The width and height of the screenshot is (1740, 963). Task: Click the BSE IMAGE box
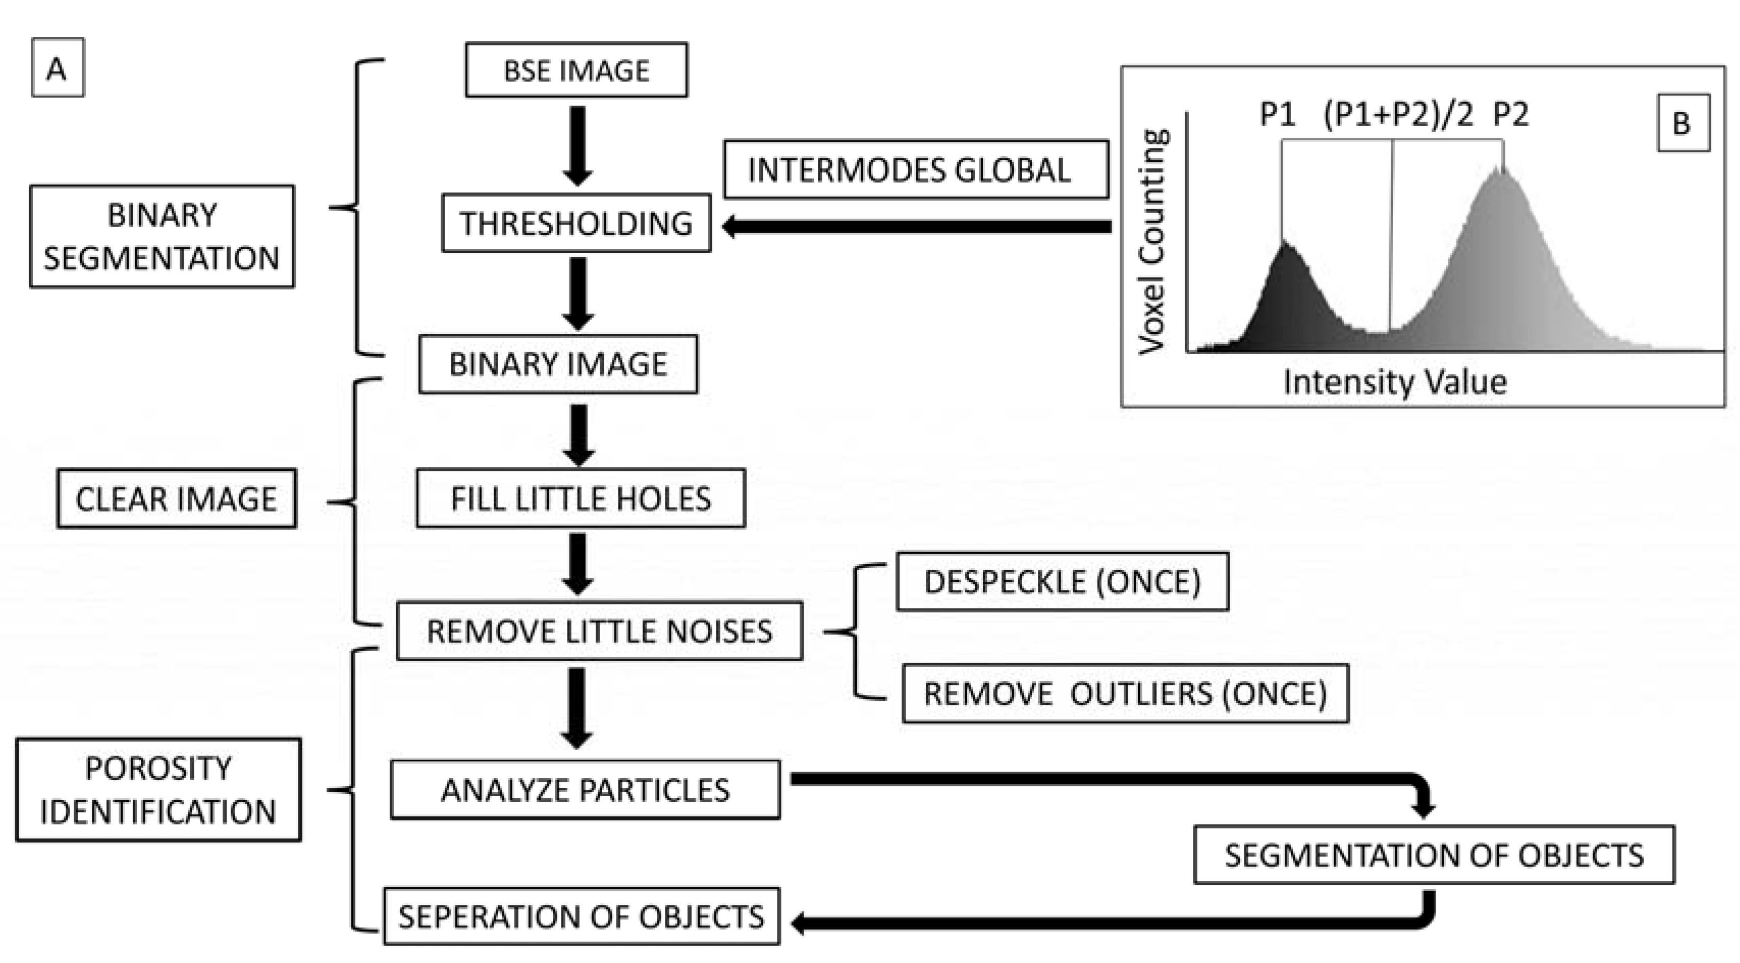click(576, 70)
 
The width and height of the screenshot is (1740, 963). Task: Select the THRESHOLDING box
click(576, 223)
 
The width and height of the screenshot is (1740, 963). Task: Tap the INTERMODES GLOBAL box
click(915, 169)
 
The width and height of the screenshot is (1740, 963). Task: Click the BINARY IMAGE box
click(558, 364)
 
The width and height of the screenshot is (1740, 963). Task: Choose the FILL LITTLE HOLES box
click(580, 498)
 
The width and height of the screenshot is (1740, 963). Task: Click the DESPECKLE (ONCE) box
click(1062, 582)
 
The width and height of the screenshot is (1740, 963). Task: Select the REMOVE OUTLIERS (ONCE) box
click(1124, 694)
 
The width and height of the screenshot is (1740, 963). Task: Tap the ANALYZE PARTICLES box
click(585, 790)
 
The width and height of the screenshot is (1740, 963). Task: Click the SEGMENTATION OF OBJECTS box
click(1434, 855)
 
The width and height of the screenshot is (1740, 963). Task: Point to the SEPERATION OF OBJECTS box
click(581, 917)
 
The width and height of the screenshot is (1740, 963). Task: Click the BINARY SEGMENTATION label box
click(162, 236)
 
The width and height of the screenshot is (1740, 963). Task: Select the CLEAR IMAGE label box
click(176, 499)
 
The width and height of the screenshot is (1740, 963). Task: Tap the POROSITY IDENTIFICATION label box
click(158, 789)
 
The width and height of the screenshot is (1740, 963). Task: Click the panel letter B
click(1682, 123)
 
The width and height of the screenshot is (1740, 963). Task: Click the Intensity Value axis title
click(1394, 382)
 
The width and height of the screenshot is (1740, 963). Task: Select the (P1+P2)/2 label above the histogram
click(1397, 114)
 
